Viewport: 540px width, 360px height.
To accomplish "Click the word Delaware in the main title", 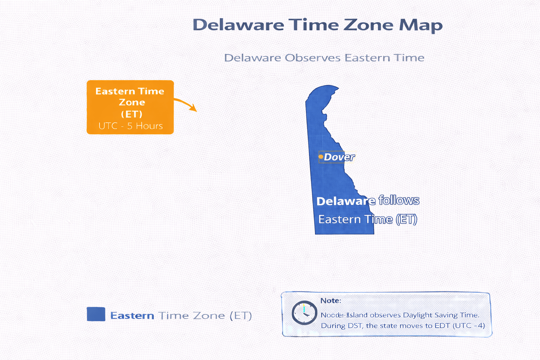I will [x=238, y=25].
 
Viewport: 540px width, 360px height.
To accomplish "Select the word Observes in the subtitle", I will [x=313, y=58].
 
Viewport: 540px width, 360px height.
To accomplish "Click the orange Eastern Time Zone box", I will [x=130, y=107].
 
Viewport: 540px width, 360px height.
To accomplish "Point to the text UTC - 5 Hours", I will [x=130, y=126].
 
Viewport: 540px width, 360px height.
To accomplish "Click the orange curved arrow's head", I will [x=194, y=108].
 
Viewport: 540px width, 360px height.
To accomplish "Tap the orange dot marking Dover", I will [x=321, y=156].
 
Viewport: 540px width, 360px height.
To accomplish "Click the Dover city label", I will [x=339, y=157].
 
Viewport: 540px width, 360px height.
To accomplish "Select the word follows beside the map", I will [x=399, y=200].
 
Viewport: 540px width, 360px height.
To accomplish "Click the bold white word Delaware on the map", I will [x=346, y=201].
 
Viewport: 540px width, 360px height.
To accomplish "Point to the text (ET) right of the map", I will [x=406, y=219].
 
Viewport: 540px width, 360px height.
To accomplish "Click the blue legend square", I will [x=96, y=314].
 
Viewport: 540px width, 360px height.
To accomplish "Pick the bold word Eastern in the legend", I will [x=132, y=316].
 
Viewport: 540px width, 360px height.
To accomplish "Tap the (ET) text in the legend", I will [x=241, y=316].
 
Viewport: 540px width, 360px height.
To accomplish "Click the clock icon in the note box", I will [x=304, y=313].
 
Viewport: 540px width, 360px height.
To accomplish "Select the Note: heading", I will [x=330, y=301].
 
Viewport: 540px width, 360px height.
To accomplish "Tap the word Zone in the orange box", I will [x=132, y=102].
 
